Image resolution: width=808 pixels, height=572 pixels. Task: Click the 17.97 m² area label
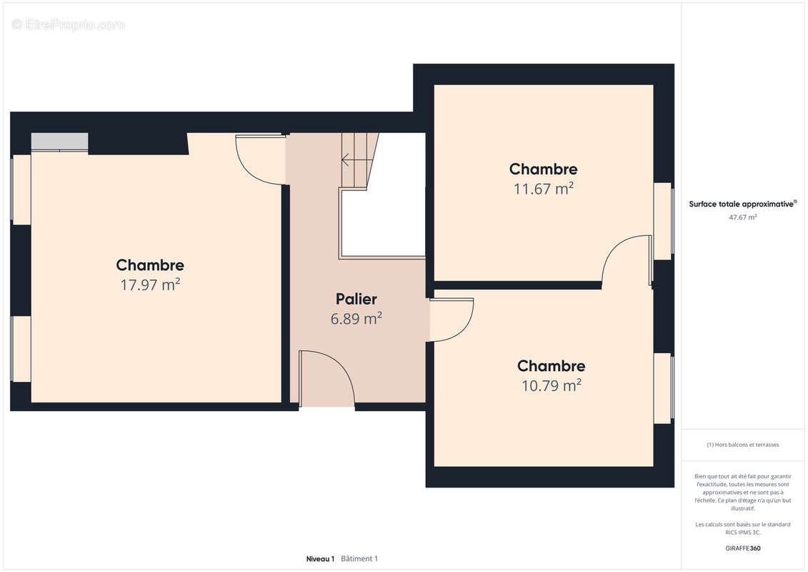[x=150, y=285]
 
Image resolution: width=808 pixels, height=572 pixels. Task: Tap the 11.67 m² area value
[x=543, y=189]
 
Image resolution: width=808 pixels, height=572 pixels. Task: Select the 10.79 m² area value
[x=551, y=385]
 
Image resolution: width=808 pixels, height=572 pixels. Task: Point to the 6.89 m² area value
[x=356, y=319]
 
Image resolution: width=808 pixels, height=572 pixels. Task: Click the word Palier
[x=356, y=300]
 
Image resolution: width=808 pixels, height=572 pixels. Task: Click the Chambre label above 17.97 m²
[x=150, y=265]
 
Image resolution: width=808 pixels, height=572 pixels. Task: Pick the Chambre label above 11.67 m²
[x=543, y=169]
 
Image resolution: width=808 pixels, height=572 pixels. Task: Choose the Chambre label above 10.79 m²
[x=551, y=366]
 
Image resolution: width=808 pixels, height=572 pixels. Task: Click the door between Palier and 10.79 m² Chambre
[x=452, y=320]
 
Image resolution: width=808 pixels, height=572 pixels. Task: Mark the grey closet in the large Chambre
[x=59, y=142]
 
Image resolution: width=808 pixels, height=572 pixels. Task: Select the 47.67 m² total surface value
[x=743, y=217]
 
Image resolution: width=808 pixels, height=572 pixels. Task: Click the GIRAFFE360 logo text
[x=743, y=548]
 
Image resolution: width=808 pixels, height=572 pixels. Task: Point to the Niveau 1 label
[x=320, y=558]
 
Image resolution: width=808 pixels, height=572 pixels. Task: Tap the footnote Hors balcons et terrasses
[x=743, y=445]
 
